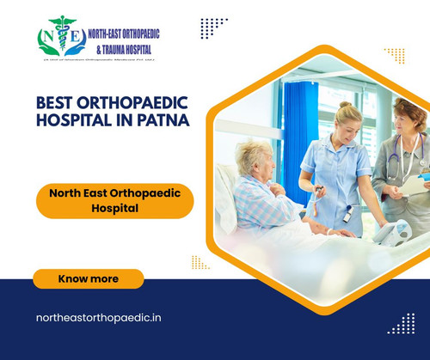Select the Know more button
click(x=89, y=279)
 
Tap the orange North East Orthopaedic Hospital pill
click(x=114, y=201)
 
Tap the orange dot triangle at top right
click(x=396, y=55)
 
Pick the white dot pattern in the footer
click(x=401, y=324)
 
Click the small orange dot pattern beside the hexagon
click(x=200, y=262)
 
